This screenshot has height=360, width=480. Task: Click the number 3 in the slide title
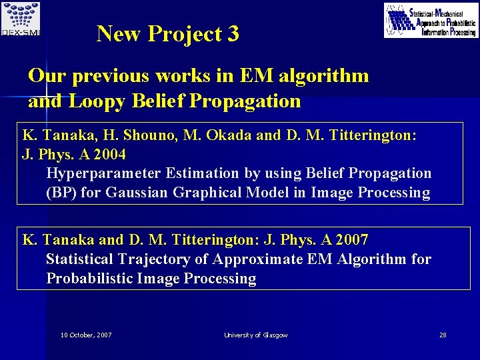(x=233, y=33)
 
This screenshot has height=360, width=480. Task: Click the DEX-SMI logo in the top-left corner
(x=21, y=19)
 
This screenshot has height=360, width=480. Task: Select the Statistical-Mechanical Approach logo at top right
(x=431, y=20)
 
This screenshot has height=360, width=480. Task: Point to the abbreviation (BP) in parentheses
(x=60, y=193)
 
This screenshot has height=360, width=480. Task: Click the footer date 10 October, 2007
(x=85, y=335)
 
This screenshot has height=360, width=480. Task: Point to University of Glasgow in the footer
(x=256, y=335)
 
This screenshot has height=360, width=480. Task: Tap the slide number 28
(x=443, y=335)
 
